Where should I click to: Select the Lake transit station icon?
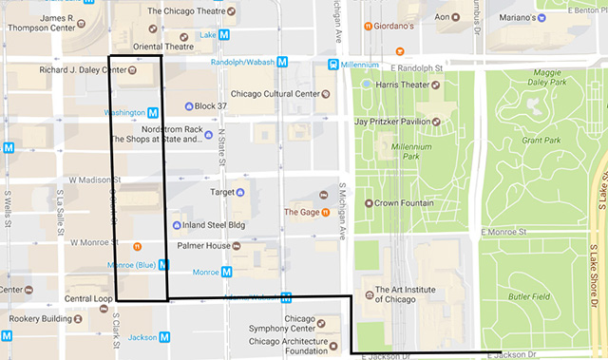coord(224,34)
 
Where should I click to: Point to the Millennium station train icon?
coord(333,64)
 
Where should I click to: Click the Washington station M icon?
coord(152,112)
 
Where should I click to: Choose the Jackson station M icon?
coord(165,336)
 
